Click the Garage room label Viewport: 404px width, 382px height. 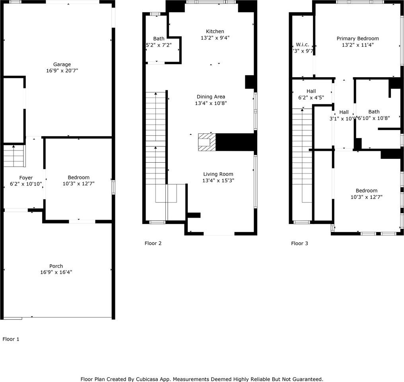click(62, 64)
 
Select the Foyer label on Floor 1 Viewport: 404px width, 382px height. click(26, 177)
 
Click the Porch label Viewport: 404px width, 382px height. click(56, 266)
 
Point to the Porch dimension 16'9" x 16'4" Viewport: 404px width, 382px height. click(56, 273)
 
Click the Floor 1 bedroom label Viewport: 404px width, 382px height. click(78, 177)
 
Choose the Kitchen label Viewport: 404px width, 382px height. click(215, 31)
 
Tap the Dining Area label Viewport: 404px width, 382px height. click(211, 97)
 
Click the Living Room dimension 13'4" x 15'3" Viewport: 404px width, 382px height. click(218, 180)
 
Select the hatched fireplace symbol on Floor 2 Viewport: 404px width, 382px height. click(207, 142)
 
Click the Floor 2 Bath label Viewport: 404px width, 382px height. click(159, 39)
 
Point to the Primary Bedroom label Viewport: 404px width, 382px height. click(357, 39)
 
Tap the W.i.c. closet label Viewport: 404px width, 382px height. click(302, 45)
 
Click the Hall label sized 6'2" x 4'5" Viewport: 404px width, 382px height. click(311, 91)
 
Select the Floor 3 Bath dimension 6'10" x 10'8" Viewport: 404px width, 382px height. click(374, 118)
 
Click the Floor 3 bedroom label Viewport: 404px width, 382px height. click(366, 191)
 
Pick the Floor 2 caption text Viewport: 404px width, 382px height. click(153, 243)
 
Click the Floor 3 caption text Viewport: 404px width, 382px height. click(299, 243)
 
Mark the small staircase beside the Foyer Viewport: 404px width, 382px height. click(14, 156)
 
